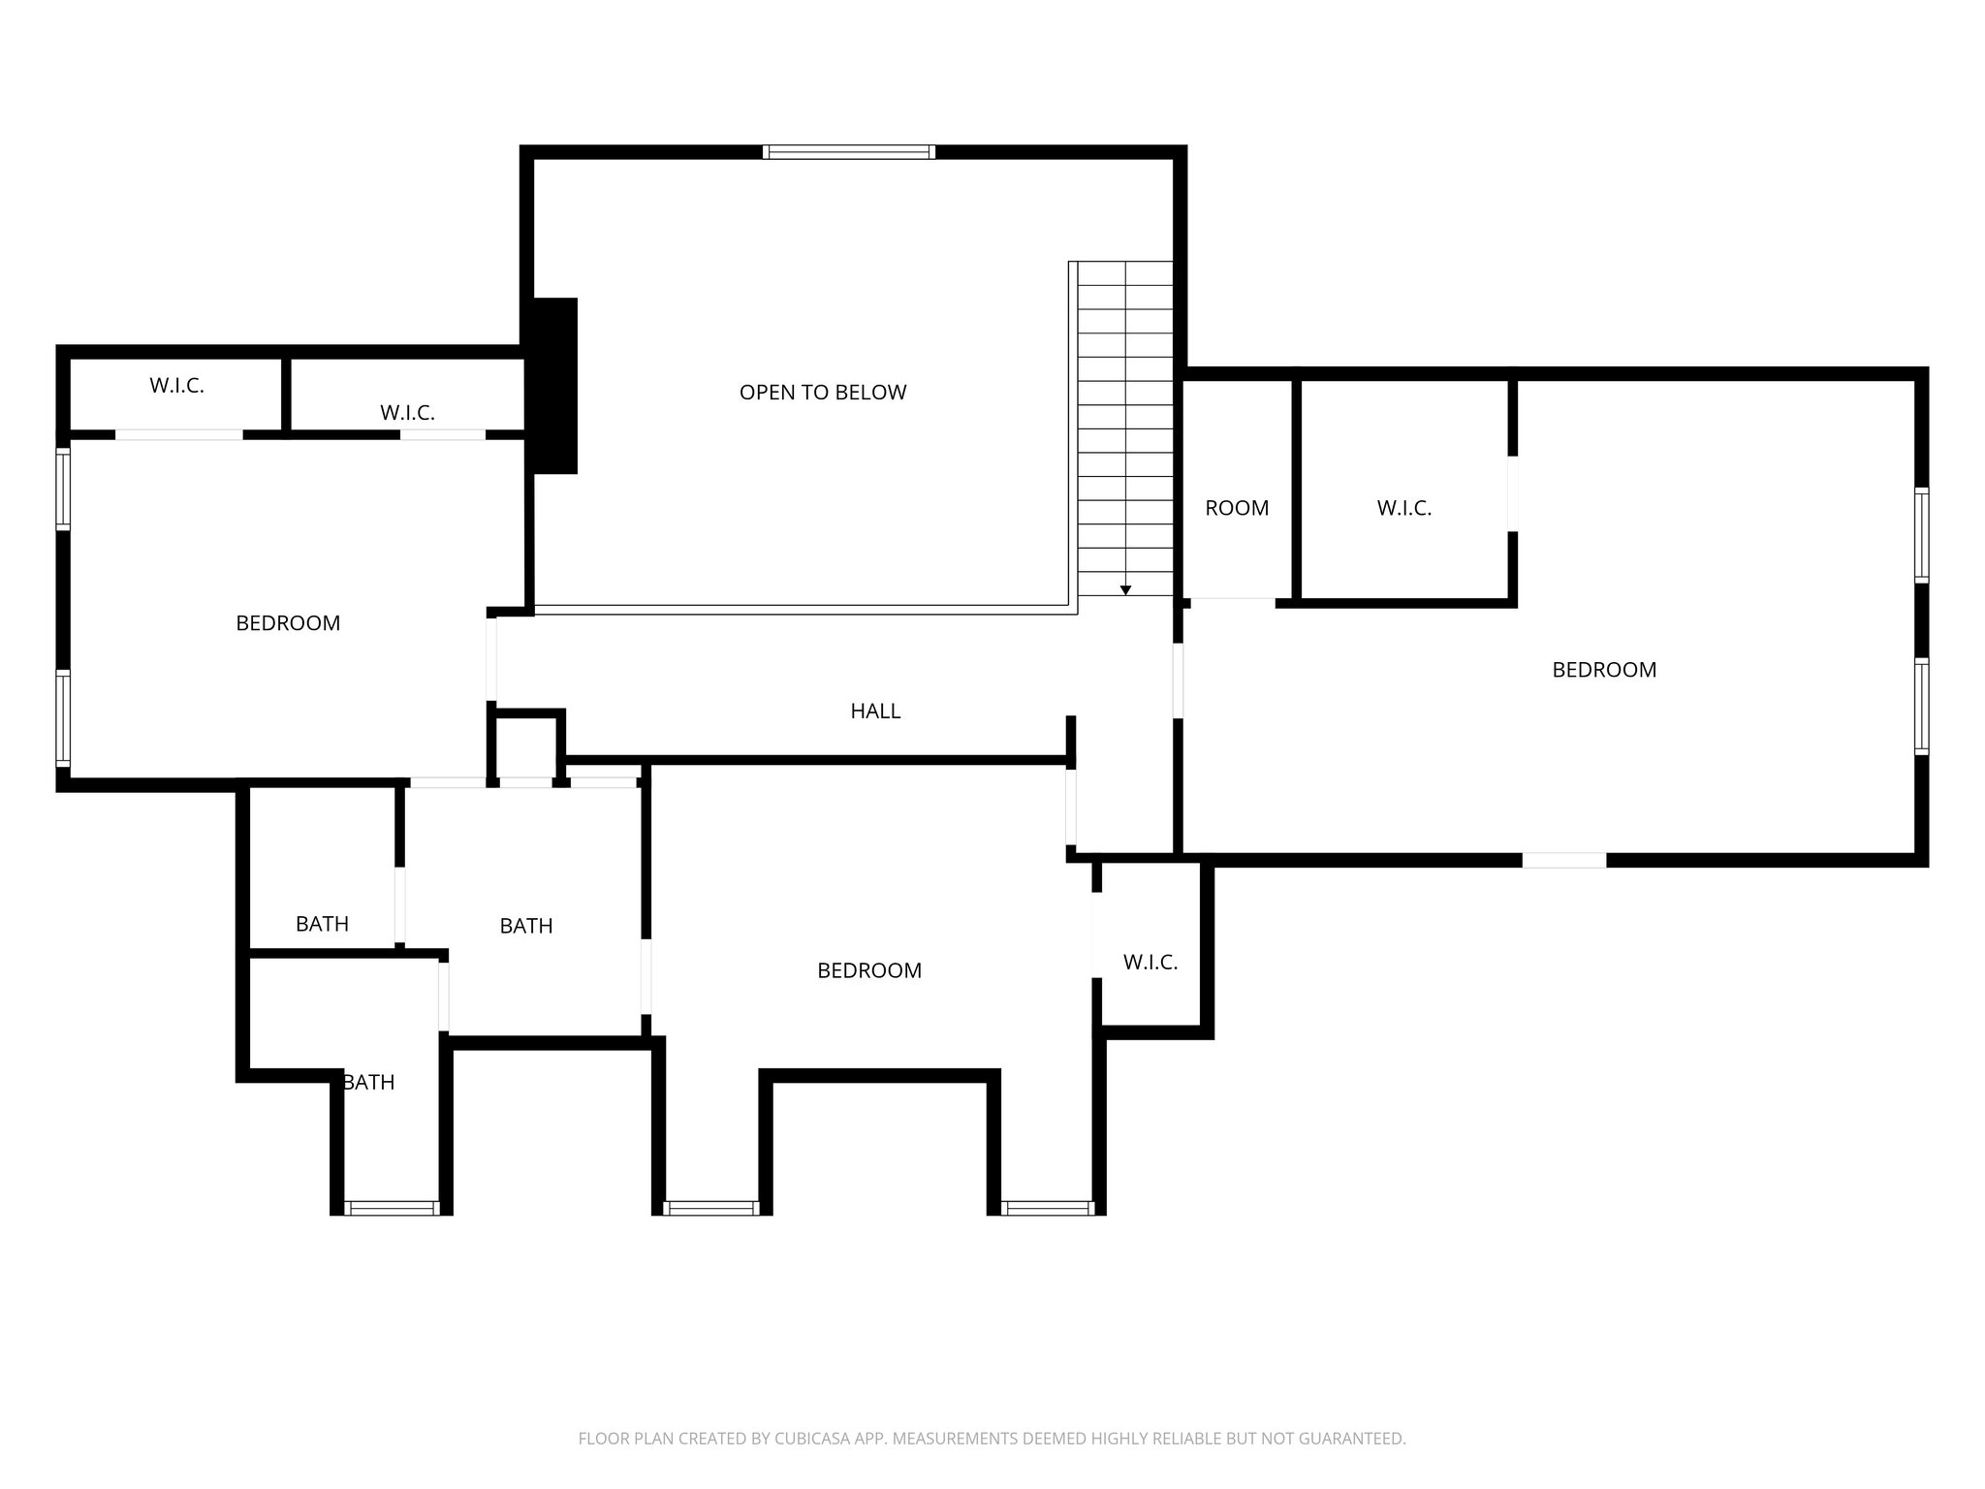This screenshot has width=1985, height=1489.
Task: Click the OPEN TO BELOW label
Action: coord(823,393)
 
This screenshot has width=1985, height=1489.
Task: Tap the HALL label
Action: coord(875,712)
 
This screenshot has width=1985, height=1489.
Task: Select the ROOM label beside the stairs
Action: coord(1237,508)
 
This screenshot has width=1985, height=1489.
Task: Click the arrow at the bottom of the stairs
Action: coord(1125,589)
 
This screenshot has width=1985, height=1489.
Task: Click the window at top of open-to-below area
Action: coord(849,152)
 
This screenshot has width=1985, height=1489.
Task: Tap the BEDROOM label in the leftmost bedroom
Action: coord(288,623)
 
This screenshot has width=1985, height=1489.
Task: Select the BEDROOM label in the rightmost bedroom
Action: coord(1604,670)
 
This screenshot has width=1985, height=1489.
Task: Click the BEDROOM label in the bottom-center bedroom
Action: coord(869,970)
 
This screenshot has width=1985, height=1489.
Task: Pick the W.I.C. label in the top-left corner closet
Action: coord(176,386)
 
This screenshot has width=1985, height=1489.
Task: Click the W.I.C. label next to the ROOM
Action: coord(1403,508)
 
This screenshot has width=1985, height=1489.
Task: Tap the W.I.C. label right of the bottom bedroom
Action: coord(1150,963)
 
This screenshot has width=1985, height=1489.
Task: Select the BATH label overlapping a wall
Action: coord(368,1082)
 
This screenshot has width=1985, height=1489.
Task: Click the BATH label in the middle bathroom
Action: coord(526,926)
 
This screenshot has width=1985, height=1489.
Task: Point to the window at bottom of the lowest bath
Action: coord(392,1208)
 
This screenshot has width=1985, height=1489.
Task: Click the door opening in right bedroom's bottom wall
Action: coord(1563,860)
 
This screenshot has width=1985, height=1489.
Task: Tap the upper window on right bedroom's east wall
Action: coord(1921,535)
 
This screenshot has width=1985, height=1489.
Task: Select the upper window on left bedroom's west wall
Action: coord(63,489)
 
